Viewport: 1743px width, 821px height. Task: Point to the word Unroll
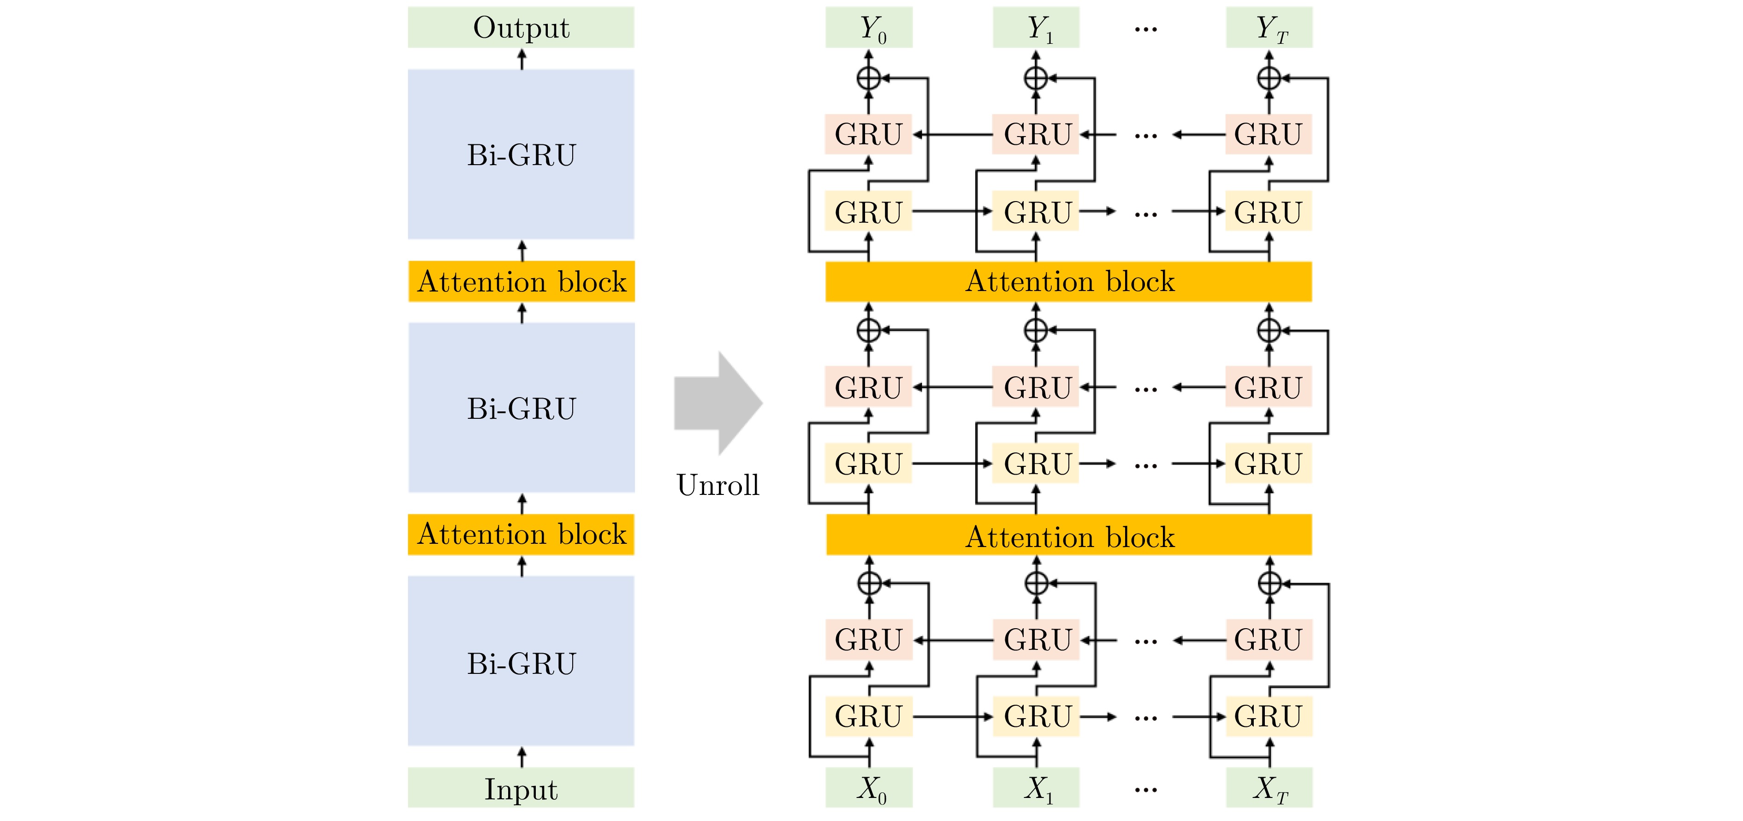[x=718, y=485]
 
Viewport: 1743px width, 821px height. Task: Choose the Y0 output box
[x=869, y=28]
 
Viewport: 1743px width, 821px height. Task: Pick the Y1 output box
[x=1036, y=28]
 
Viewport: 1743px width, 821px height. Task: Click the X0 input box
[x=869, y=788]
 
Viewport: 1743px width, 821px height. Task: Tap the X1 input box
[x=1036, y=788]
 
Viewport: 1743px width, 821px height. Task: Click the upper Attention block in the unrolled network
[x=1068, y=281]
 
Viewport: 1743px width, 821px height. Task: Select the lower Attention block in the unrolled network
[x=1068, y=535]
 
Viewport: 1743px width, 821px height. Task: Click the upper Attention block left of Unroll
[x=521, y=281]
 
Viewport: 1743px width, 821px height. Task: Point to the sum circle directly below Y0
[x=869, y=78]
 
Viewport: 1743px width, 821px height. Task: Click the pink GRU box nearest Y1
[x=1036, y=134]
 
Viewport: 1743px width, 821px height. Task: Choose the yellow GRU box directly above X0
[x=869, y=716]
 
